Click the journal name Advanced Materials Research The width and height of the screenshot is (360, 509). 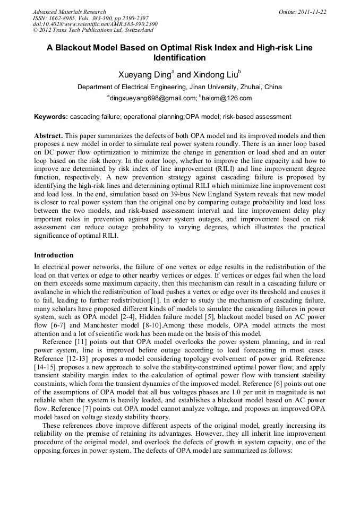(69, 12)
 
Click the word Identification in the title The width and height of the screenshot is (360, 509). (179, 58)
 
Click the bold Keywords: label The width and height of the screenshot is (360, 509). (51, 117)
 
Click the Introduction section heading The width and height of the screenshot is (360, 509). (54, 255)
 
